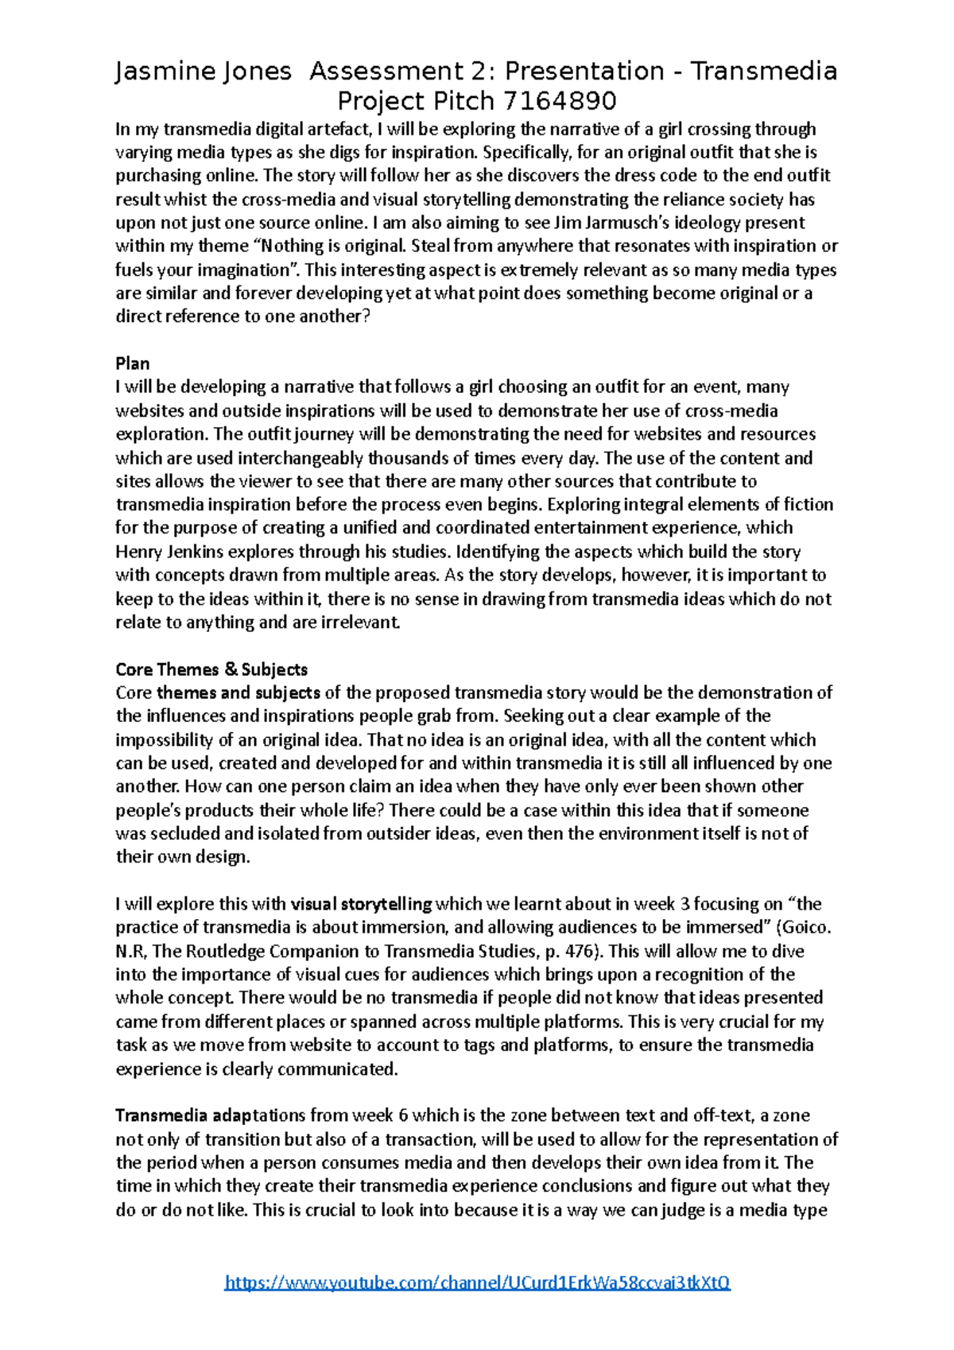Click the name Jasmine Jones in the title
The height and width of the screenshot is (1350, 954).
tap(204, 72)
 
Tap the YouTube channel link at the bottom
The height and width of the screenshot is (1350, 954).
tap(477, 1282)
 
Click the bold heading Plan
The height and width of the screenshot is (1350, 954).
tap(132, 363)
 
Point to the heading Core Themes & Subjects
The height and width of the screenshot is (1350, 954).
tap(211, 669)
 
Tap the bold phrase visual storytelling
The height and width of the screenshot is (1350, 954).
tap(362, 904)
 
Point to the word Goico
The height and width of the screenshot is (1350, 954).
tap(809, 927)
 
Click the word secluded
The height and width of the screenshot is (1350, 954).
tap(184, 833)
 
